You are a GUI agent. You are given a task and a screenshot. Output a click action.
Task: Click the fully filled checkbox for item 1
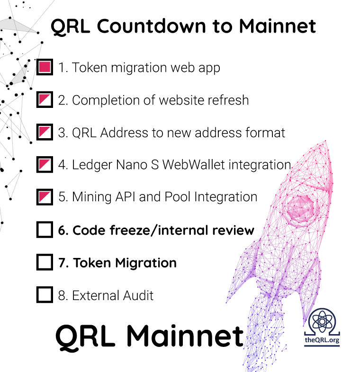(45, 67)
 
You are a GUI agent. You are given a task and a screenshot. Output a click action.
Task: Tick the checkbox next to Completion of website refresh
(45, 99)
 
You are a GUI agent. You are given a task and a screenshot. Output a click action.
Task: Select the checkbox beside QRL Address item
(45, 132)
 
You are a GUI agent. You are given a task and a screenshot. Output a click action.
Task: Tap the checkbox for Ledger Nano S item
(45, 164)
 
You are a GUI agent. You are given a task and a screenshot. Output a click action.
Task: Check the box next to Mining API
(45, 197)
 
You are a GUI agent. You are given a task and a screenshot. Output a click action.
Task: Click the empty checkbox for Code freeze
(45, 230)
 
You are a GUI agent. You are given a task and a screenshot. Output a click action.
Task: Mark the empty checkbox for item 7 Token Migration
(45, 262)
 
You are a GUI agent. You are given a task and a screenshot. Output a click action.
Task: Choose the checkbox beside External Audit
(45, 295)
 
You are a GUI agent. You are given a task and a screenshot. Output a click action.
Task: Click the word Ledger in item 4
(92, 165)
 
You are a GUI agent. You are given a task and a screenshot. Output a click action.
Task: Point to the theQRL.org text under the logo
(322, 340)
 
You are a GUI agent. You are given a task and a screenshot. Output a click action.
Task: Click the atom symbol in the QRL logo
(322, 321)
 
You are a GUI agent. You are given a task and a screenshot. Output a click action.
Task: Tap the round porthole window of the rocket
(300, 209)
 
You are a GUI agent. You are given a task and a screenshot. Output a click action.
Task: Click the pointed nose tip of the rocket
(325, 141)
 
